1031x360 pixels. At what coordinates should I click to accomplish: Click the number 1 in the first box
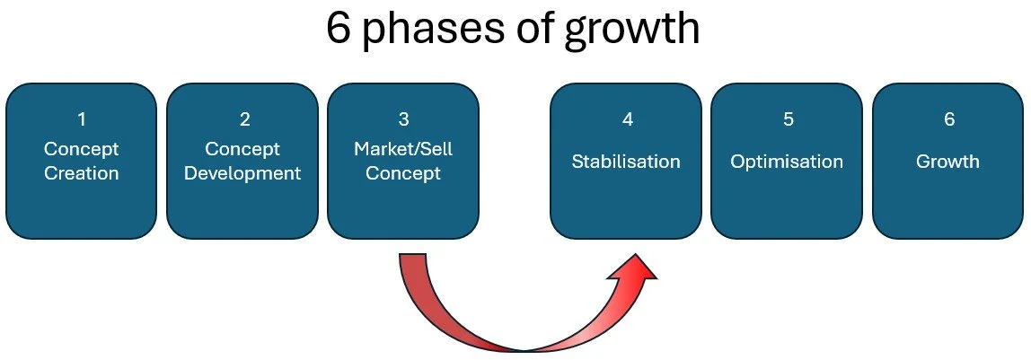(x=81, y=119)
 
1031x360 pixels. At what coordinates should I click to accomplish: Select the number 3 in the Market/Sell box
(x=403, y=119)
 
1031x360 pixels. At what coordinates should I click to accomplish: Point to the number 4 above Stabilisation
(x=626, y=119)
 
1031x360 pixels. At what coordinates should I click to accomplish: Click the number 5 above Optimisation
(x=787, y=119)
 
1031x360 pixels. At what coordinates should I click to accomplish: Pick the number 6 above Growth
(x=948, y=119)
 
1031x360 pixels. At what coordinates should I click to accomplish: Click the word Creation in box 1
(x=81, y=173)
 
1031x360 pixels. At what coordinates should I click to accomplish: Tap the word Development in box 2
(x=242, y=173)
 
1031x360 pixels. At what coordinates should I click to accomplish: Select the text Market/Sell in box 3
(x=403, y=149)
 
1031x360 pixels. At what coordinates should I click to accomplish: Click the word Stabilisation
(x=626, y=162)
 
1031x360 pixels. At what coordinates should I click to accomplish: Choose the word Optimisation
(x=787, y=162)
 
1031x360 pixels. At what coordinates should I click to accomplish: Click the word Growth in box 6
(x=947, y=162)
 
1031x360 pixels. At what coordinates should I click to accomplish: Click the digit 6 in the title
(x=339, y=31)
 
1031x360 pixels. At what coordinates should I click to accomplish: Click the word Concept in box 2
(x=242, y=149)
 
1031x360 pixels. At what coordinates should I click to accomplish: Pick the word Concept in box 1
(x=81, y=149)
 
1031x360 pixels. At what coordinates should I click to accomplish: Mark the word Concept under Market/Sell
(x=403, y=173)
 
